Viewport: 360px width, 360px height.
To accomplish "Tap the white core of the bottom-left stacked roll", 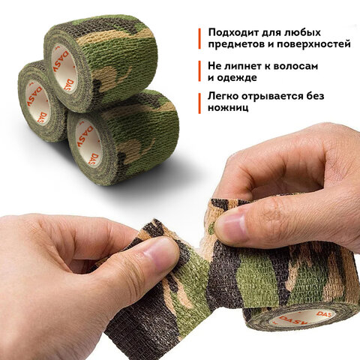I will coord(37,101).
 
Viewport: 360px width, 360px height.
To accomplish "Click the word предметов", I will coord(238,46).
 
